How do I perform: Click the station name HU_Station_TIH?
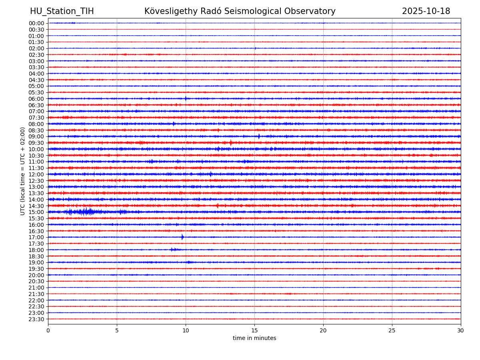point(62,11)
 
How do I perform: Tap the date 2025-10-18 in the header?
point(426,11)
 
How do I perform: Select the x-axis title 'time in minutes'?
point(254,338)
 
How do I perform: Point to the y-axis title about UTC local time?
point(23,171)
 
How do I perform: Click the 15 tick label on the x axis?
point(254,330)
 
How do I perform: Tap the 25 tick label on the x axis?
point(392,330)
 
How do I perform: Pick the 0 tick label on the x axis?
point(48,330)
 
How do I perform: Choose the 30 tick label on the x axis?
point(461,330)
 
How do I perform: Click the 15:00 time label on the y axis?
point(36,212)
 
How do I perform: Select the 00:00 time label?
point(36,23)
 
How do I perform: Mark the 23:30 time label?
point(36,319)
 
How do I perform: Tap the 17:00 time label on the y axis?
point(36,237)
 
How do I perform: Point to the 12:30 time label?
point(36,180)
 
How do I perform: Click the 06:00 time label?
point(36,99)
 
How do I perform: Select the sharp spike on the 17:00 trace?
point(182,237)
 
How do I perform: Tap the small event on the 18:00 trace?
point(173,250)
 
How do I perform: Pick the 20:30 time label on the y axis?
point(36,281)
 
